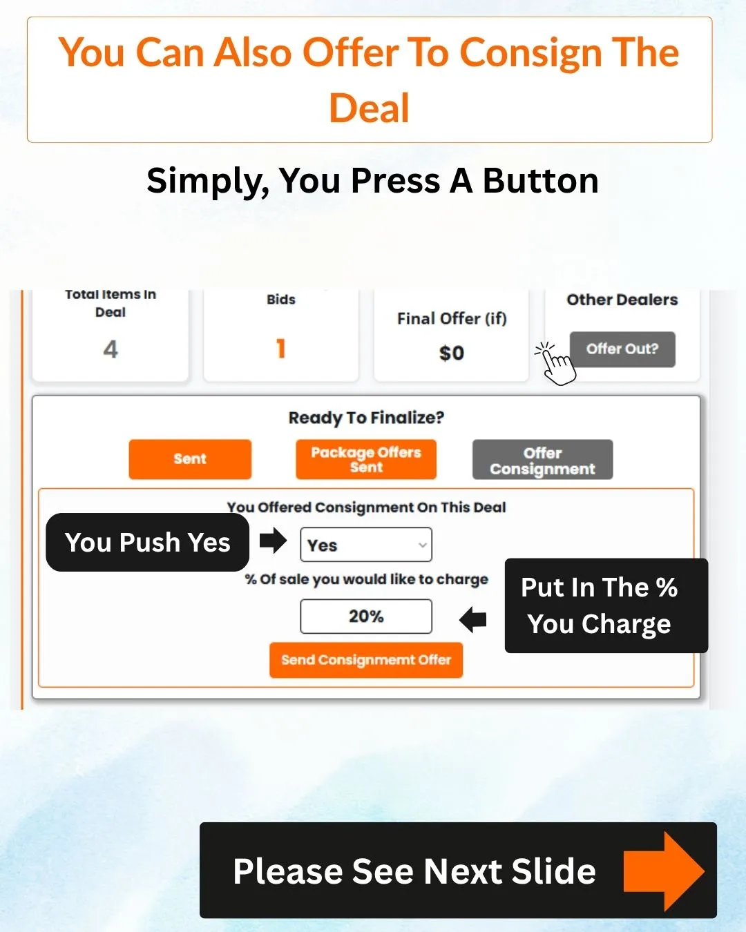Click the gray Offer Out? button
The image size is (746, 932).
[x=622, y=349]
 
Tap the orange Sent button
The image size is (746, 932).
[x=190, y=459]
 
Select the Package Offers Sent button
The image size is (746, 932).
[x=366, y=459]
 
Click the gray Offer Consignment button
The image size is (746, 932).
[x=542, y=460]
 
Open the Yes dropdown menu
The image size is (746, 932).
[x=366, y=545]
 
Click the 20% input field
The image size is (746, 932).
[x=366, y=617]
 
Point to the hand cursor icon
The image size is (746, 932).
[x=556, y=364]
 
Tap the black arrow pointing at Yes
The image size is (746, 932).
[x=273, y=541]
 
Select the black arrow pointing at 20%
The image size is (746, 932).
[x=473, y=620]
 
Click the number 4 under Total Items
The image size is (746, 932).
[x=111, y=349]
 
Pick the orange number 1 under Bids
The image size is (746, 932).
[x=281, y=349]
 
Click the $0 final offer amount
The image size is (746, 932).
[x=452, y=353]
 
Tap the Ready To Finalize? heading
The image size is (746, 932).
[x=366, y=418]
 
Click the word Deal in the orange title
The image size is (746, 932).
[x=370, y=108]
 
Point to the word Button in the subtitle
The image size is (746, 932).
[x=541, y=181]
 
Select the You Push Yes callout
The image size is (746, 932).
[x=147, y=542]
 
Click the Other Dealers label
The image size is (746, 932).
[x=622, y=300]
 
